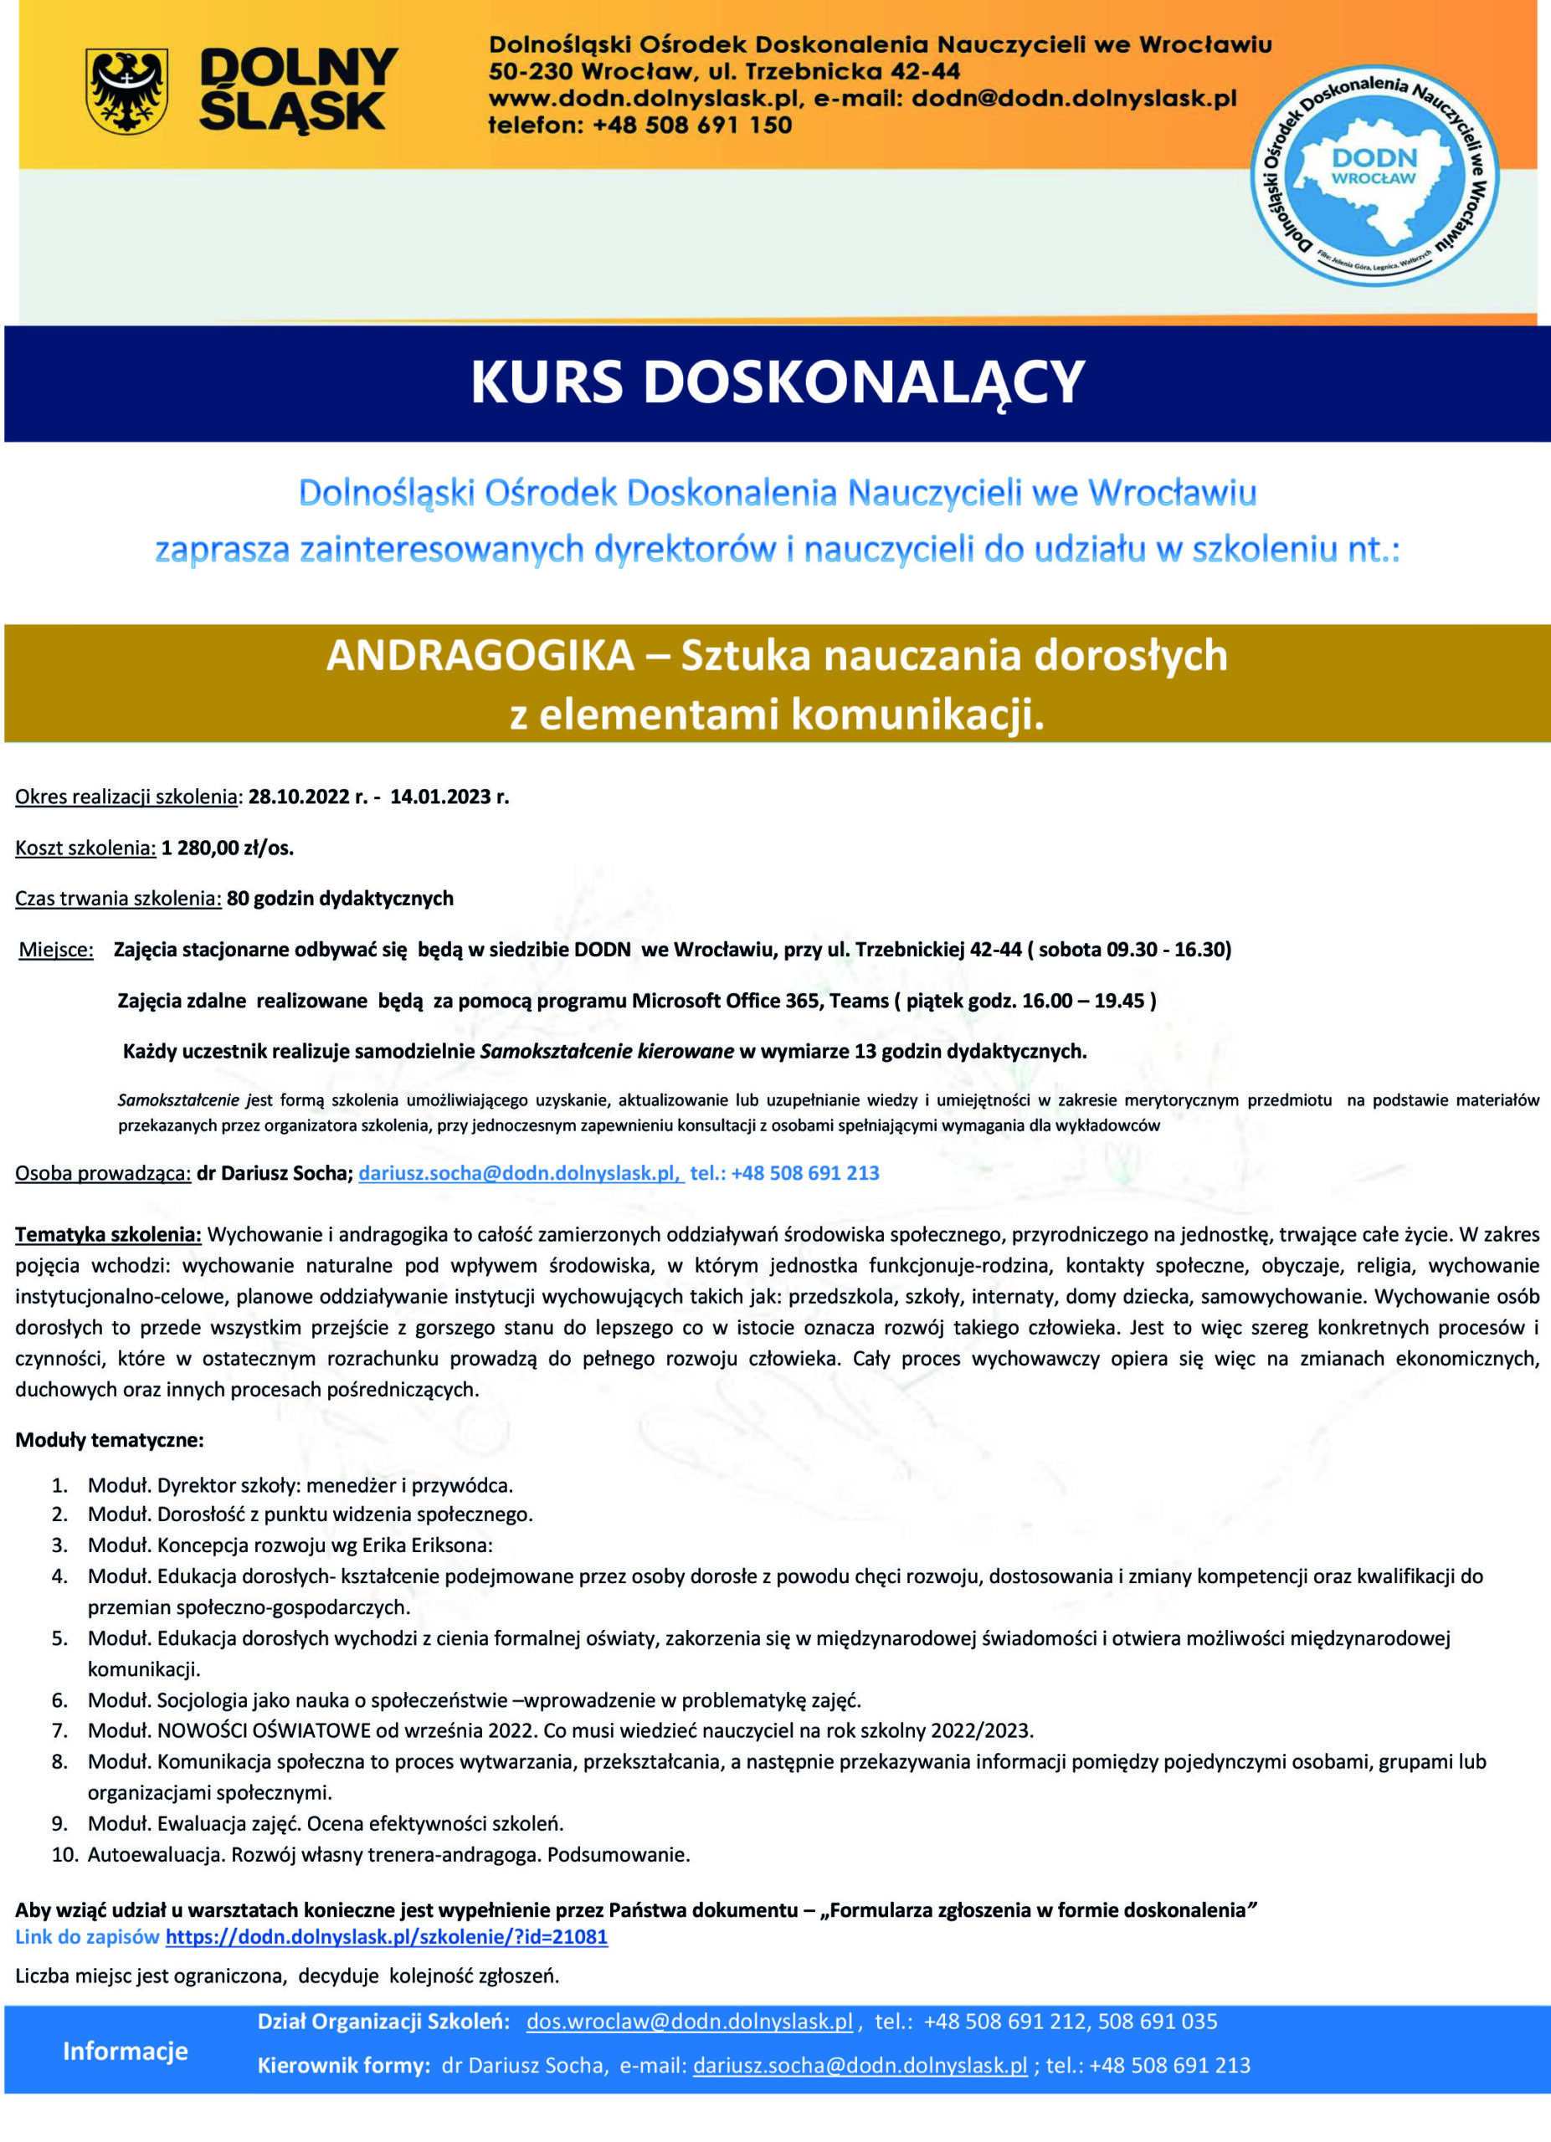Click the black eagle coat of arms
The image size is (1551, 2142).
[x=126, y=90]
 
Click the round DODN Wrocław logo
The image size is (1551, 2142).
[x=1374, y=177]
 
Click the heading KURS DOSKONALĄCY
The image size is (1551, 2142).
[x=777, y=382]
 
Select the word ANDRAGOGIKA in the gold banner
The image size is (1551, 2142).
[x=480, y=655]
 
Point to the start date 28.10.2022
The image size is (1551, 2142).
[x=300, y=797]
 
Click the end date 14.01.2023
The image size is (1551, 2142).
[x=440, y=797]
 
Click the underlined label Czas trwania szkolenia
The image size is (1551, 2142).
[x=118, y=898]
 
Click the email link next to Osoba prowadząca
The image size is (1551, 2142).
[x=520, y=1173]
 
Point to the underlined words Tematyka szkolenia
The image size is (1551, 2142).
[x=108, y=1234]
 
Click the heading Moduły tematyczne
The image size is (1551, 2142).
[x=110, y=1440]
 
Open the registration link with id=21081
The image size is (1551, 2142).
[x=387, y=1937]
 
